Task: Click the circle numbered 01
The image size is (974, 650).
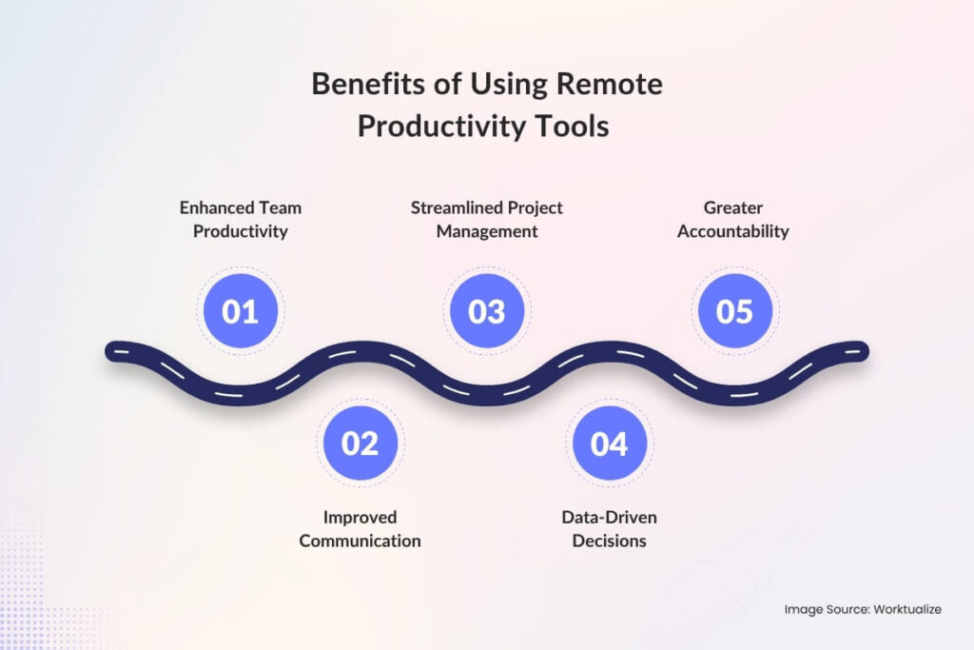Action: [240, 311]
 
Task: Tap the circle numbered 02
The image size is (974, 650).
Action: [360, 443]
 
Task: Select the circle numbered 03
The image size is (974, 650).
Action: [487, 311]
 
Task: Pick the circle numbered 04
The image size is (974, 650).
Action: [609, 443]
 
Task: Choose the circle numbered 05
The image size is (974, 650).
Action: [734, 311]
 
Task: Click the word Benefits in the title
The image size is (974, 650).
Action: [364, 85]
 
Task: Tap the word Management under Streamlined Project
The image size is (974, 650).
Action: [487, 231]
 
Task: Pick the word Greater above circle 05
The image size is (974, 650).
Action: [733, 207]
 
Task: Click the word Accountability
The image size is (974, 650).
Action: [733, 231]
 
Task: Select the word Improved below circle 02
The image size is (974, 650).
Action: [360, 517]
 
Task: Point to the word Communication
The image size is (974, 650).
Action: [360, 541]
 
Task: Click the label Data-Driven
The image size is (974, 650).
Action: [609, 517]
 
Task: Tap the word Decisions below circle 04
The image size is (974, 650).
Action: [609, 541]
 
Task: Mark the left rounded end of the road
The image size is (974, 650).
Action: [113, 351]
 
